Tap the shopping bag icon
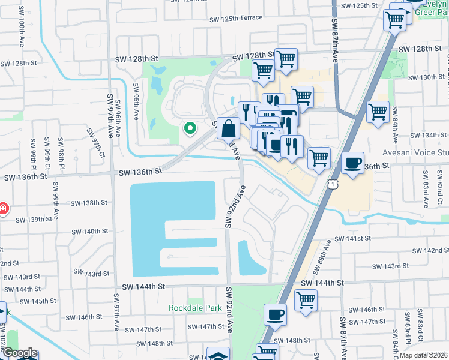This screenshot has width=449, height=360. tap(229, 128)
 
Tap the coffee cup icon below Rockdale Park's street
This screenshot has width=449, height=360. tap(276, 314)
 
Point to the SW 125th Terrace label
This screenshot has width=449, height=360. tap(236, 18)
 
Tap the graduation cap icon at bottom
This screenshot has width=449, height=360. tap(218, 355)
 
